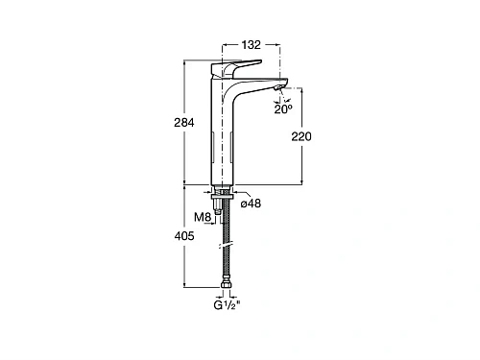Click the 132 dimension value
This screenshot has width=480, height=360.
(x=251, y=45)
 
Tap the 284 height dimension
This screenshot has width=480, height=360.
(x=184, y=122)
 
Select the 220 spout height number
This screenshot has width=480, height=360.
(x=301, y=136)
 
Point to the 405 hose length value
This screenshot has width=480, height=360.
(x=184, y=236)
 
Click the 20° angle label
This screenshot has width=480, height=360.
(x=283, y=109)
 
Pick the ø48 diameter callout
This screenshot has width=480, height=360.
(x=251, y=204)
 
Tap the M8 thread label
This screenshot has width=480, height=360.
(x=203, y=217)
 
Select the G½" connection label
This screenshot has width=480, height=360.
(x=227, y=305)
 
